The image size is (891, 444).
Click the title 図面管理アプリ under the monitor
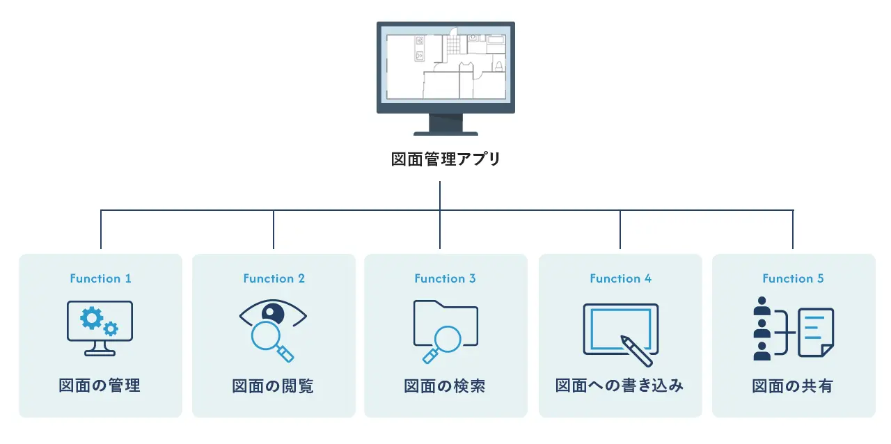445,159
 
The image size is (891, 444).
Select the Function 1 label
100,278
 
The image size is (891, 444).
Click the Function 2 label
274,278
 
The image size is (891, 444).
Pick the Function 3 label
445,278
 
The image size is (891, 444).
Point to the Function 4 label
620,278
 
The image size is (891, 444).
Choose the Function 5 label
793,278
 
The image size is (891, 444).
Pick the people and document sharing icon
793,331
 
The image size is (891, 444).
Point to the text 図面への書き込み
620,386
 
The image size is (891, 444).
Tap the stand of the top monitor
445,125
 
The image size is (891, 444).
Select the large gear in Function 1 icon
91,318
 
